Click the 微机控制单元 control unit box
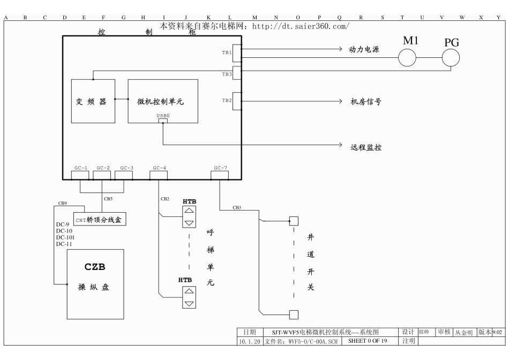point(162,101)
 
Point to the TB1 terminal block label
point(227,52)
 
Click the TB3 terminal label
point(227,74)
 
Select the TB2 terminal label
point(227,100)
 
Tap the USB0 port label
point(162,115)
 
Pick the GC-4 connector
point(159,168)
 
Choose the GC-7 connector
point(220,168)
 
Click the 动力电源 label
point(364,49)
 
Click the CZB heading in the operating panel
point(95,267)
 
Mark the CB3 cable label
point(237,207)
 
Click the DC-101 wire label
point(65,237)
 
